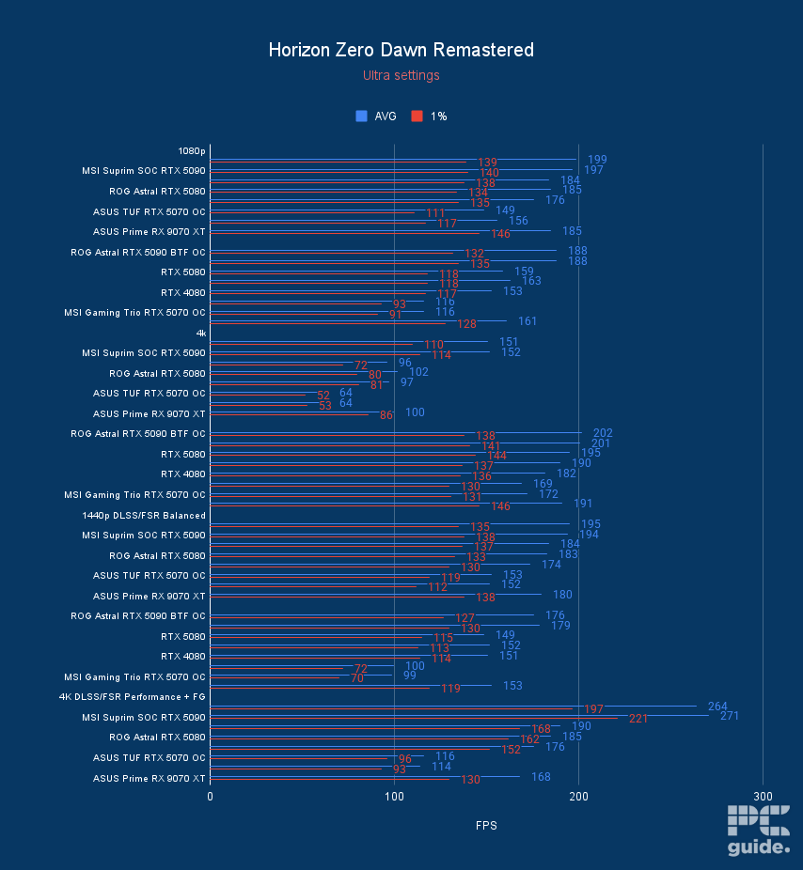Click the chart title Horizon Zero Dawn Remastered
401,50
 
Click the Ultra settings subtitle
401,75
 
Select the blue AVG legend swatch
361,117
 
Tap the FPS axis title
485,826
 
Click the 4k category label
200,333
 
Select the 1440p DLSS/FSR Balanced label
144,515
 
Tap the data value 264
717,707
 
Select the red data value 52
323,396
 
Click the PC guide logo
758,831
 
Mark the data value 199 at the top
596,160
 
